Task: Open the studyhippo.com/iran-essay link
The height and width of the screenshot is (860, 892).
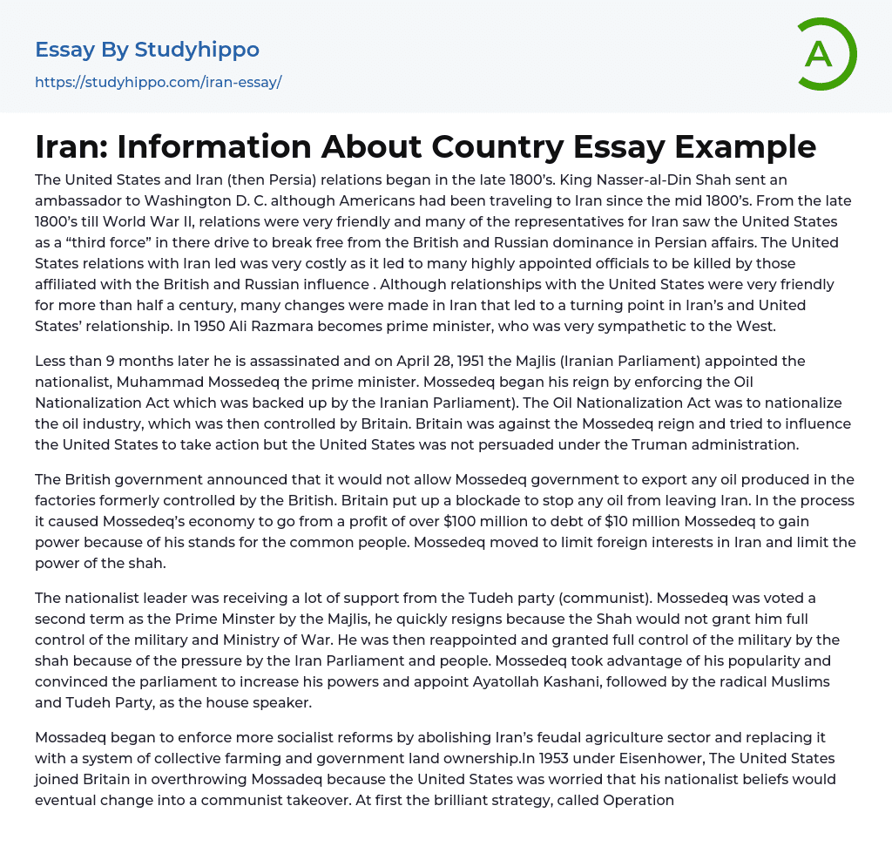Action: (x=158, y=82)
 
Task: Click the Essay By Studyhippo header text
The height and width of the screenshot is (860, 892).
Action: (x=147, y=50)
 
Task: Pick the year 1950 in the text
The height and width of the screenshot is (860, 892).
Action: (x=125, y=327)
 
